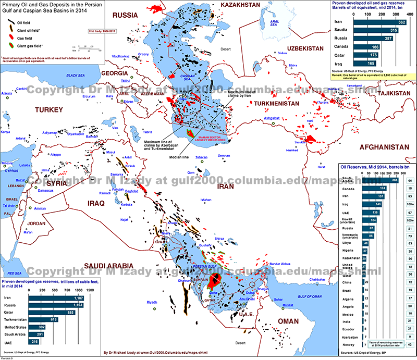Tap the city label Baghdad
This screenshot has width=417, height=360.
pyautogui.click(x=131, y=191)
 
